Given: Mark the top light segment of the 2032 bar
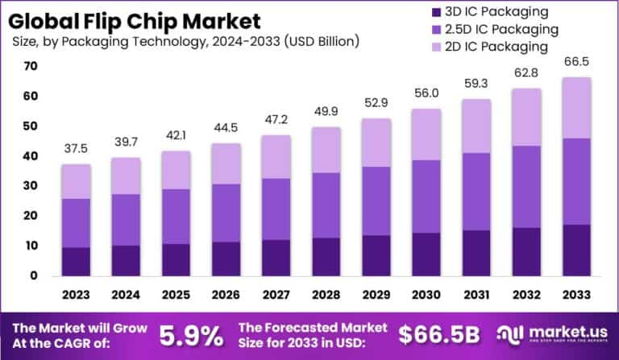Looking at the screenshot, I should click(526, 117).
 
